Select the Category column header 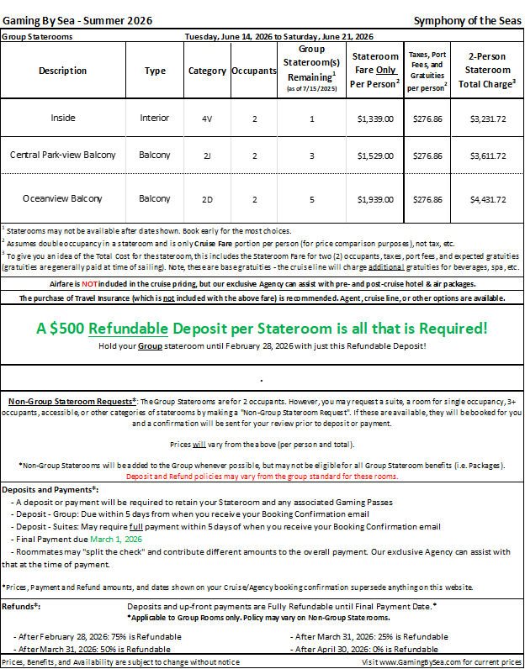(x=206, y=71)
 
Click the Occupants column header (x=254, y=71)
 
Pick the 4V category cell (x=206, y=119)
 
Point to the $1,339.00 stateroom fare (x=374, y=119)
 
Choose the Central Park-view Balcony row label (x=62, y=155)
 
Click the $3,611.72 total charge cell (x=488, y=155)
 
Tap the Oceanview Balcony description (x=62, y=199)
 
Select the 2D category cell (x=206, y=199)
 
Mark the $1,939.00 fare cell (x=374, y=199)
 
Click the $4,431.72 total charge (x=488, y=199)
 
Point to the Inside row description (x=62, y=119)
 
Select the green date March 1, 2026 (x=116, y=539)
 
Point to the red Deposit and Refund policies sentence (x=262, y=476)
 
